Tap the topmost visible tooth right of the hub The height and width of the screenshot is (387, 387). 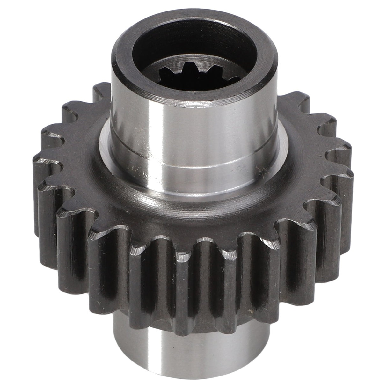[x=293, y=96]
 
